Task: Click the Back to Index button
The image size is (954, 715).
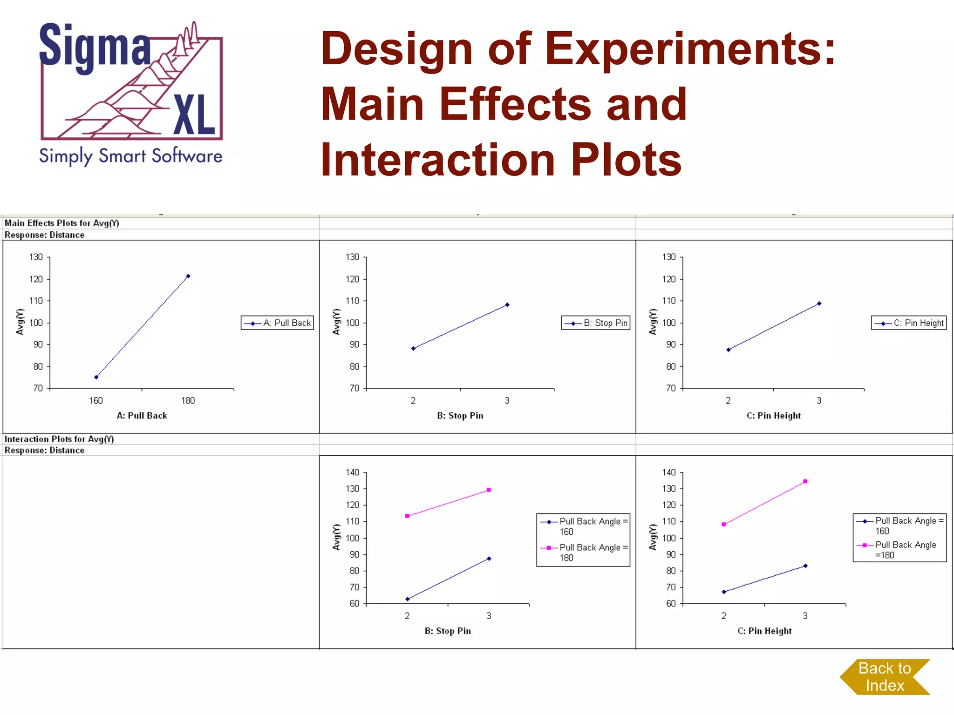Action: [x=885, y=677]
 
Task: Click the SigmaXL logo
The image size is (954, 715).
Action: [x=131, y=81]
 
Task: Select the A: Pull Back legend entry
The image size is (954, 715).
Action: [x=278, y=323]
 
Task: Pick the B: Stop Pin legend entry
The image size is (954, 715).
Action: [x=596, y=323]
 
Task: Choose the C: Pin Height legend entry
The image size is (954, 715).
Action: [x=909, y=323]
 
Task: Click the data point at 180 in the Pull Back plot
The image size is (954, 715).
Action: [x=188, y=276]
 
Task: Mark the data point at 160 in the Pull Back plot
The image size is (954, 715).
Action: [x=96, y=377]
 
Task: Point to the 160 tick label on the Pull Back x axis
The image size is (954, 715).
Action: [x=96, y=400]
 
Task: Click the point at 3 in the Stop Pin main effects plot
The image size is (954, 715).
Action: [x=507, y=305]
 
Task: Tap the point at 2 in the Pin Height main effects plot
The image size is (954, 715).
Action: [x=729, y=350]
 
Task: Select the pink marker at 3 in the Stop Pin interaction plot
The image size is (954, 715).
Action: [x=489, y=490]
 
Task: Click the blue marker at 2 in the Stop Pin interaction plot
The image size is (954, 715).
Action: [x=408, y=599]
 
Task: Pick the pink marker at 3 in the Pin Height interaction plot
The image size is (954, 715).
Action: [x=805, y=481]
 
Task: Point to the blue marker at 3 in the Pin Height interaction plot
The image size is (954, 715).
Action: [x=805, y=566]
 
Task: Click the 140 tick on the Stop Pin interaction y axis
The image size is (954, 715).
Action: [x=353, y=472]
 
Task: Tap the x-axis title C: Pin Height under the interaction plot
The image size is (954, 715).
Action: [x=764, y=631]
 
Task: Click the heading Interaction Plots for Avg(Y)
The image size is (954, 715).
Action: [x=59, y=439]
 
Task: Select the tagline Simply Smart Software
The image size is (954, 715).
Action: [x=131, y=156]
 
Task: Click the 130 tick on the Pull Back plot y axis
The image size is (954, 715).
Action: [x=36, y=257]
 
